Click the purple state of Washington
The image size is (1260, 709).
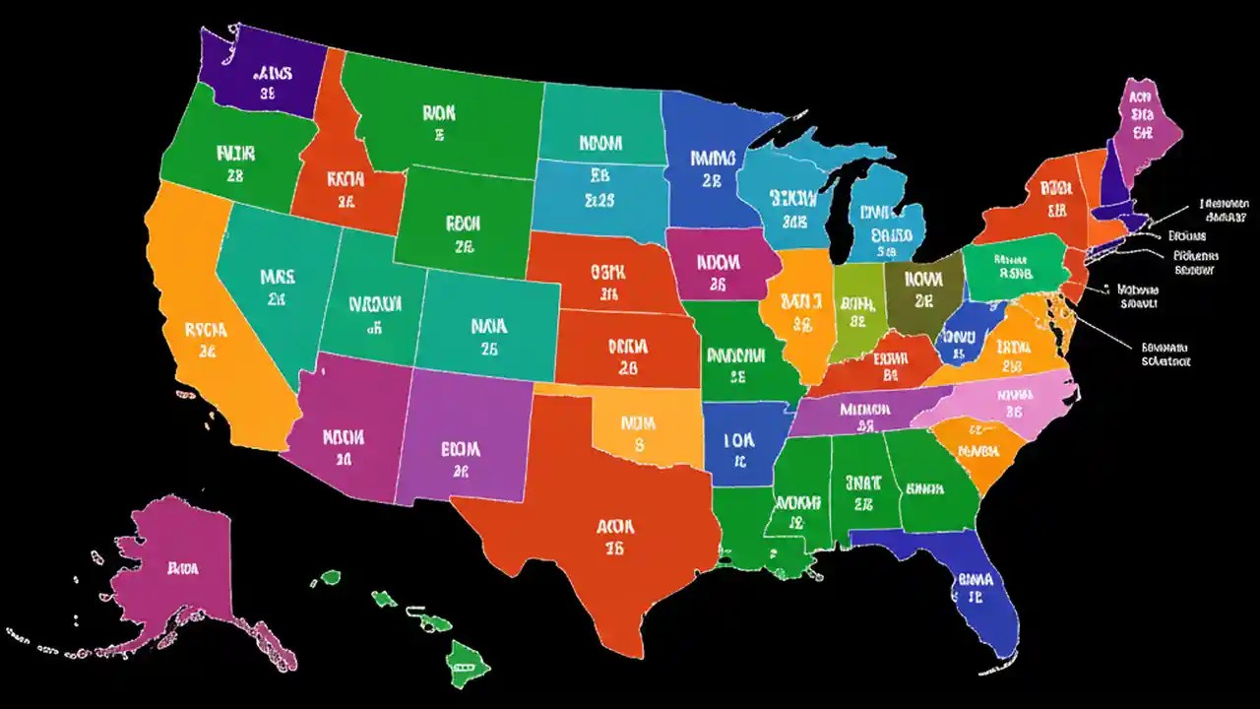point(261,74)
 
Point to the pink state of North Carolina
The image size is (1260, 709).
point(1014,399)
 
